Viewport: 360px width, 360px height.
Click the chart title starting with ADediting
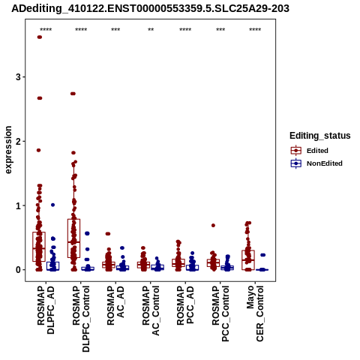[150, 8]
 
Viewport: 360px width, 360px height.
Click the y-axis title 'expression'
[8, 150]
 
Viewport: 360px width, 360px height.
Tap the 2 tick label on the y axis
[18, 141]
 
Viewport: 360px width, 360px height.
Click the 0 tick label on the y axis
[18, 270]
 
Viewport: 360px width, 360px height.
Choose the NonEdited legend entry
[316, 163]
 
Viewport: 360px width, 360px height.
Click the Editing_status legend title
[320, 136]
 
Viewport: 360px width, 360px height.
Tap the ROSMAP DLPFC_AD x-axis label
[46, 310]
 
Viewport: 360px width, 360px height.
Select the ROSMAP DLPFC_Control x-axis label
[81, 319]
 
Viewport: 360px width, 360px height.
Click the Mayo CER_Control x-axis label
[255, 313]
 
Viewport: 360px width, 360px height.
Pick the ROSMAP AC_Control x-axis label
[151, 310]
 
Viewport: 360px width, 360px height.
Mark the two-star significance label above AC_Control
[151, 30]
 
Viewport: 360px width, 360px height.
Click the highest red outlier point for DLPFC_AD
[40, 37]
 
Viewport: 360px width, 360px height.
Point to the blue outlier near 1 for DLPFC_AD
[52, 205]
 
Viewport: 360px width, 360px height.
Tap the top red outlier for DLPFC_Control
[73, 94]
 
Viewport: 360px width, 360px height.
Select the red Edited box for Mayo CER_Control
[248, 260]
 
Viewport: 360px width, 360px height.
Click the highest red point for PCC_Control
[213, 225]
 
